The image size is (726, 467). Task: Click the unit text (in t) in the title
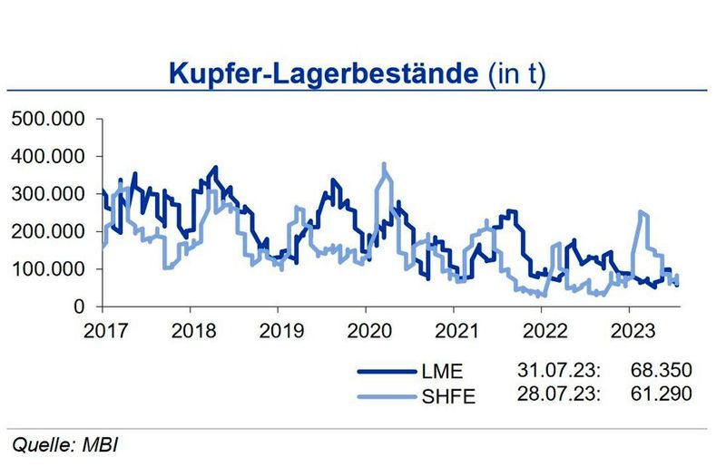pos(513,74)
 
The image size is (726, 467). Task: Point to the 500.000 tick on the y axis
pos(48,119)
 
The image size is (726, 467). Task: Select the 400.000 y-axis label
pos(48,157)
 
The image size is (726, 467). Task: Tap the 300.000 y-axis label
pos(48,194)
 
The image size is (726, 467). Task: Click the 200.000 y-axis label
pos(48,232)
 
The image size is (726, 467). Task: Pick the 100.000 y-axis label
pos(48,270)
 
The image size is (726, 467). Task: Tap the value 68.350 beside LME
pos(660,371)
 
